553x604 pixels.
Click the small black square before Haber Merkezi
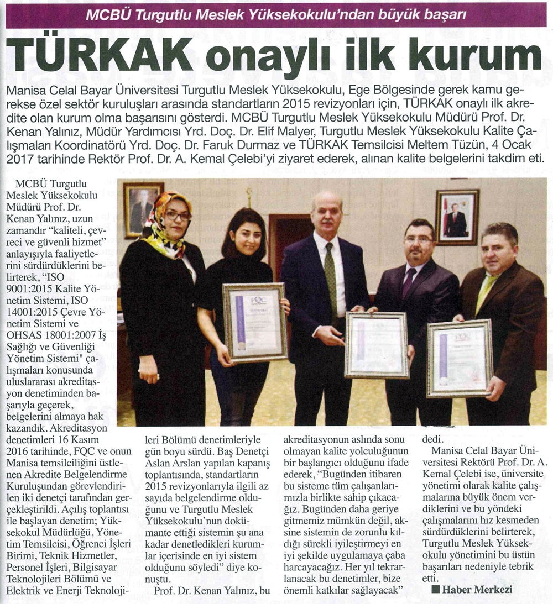tap(435, 590)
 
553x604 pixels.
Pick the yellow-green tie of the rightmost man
tap(486, 293)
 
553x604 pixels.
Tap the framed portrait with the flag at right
tap(457, 217)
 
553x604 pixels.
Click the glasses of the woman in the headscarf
tap(177, 216)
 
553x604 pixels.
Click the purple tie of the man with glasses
tap(410, 282)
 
